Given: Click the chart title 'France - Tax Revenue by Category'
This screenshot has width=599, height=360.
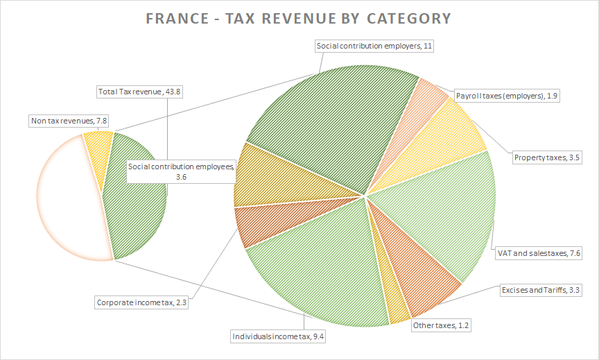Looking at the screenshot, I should coord(299,18).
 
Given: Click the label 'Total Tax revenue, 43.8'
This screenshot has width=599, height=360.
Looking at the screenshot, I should coord(139,92).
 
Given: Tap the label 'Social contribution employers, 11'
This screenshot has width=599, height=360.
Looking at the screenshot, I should coord(374,46).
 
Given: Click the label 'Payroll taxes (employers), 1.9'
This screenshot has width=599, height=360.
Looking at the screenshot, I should coord(507,95).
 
